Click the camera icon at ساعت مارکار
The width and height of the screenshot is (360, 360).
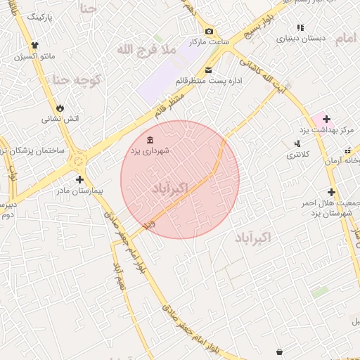(x=209, y=31)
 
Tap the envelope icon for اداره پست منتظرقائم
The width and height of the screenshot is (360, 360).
(x=209, y=70)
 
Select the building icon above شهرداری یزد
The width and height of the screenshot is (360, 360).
(x=150, y=139)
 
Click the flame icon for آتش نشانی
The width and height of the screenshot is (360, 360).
(x=60, y=108)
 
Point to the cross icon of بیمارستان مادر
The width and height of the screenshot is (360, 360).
(x=79, y=180)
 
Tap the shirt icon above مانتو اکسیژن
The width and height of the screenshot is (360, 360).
(x=33, y=44)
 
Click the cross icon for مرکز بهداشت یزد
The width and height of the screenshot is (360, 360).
(x=327, y=119)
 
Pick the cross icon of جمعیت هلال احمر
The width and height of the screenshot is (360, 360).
(x=331, y=192)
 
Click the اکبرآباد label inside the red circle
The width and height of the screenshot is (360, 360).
(x=171, y=188)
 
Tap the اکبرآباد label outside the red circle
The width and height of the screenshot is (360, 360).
(x=260, y=239)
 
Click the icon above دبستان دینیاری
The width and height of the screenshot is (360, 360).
(x=300, y=28)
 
